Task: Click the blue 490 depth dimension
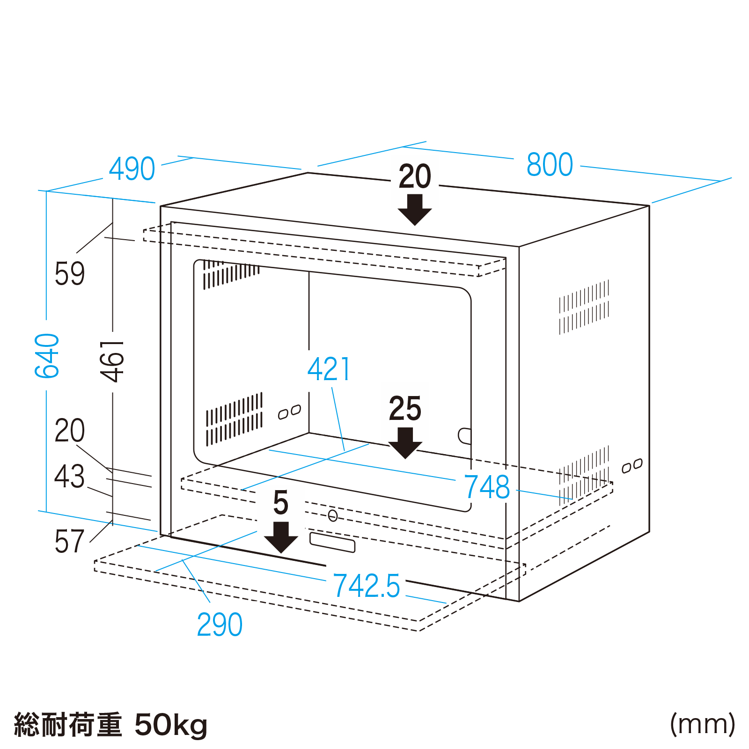pos(132,169)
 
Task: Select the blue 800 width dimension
pos(550,165)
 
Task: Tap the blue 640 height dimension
pos(47,356)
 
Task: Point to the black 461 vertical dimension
pos(112,361)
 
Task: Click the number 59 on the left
pos(70,274)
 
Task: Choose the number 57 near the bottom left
pos(70,542)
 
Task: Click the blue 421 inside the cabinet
pos(329,369)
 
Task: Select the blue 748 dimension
pos(487,487)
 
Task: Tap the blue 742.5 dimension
pos(367,586)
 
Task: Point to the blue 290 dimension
pos(220,624)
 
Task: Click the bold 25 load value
pos(405,409)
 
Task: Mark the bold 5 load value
pos(281,503)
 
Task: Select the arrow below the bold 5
pos(281,537)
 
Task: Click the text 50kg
pos(171,725)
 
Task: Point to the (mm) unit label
pos(703,724)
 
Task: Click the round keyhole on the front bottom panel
pos(333,515)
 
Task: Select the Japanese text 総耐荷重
pos(68,725)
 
